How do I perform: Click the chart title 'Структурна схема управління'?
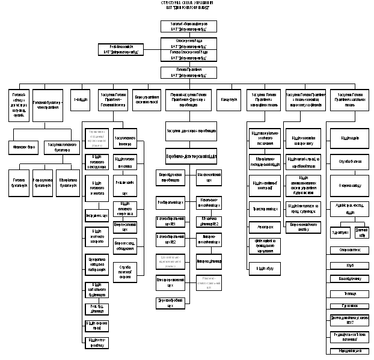click(186, 5)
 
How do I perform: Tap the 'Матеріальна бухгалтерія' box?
click(67, 183)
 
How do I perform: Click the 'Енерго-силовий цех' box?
click(125, 227)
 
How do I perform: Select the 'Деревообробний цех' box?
click(170, 302)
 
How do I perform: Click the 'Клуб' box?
click(350, 264)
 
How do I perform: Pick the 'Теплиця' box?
click(350, 294)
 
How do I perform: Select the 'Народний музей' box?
click(350, 350)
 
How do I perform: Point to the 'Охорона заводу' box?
click(350, 186)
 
